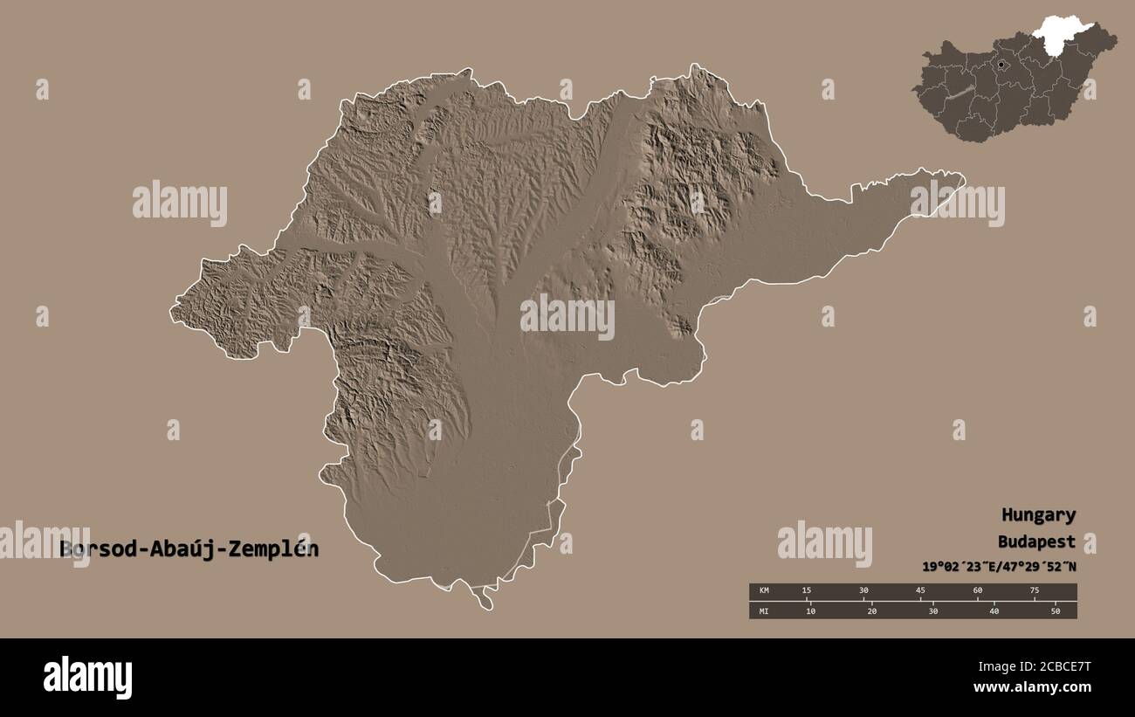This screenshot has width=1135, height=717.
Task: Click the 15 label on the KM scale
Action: pyautogui.click(x=806, y=591)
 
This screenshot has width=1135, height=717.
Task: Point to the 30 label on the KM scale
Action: pyautogui.click(x=863, y=591)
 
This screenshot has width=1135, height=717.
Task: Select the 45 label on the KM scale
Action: pyautogui.click(x=920, y=591)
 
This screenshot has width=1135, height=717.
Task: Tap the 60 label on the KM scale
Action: pyautogui.click(x=977, y=591)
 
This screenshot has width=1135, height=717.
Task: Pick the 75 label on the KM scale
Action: pyautogui.click(x=1034, y=591)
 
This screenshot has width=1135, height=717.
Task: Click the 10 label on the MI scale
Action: pyautogui.click(x=810, y=610)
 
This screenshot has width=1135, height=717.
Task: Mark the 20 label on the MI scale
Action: pyautogui.click(x=871, y=610)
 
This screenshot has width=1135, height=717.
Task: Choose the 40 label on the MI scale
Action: pyautogui.click(x=994, y=610)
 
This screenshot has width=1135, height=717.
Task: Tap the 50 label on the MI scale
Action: pyautogui.click(x=1055, y=610)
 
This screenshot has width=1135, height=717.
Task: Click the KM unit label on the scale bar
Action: pyautogui.click(x=764, y=591)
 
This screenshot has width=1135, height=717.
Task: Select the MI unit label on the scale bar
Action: pyautogui.click(x=764, y=610)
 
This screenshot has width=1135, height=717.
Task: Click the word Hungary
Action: pyautogui.click(x=1038, y=515)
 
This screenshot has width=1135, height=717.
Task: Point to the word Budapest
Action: pyautogui.click(x=1038, y=541)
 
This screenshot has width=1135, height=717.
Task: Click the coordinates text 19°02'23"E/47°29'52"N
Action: pyautogui.click(x=999, y=566)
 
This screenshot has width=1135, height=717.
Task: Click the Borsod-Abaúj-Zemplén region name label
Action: pyautogui.click(x=189, y=549)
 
